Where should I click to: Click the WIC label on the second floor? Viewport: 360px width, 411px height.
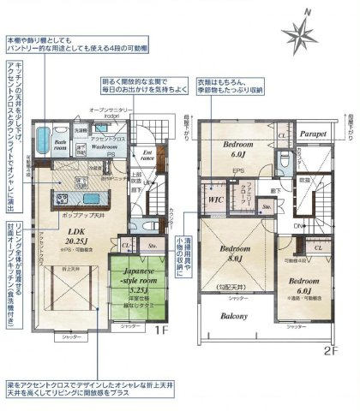(x=216, y=198)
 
